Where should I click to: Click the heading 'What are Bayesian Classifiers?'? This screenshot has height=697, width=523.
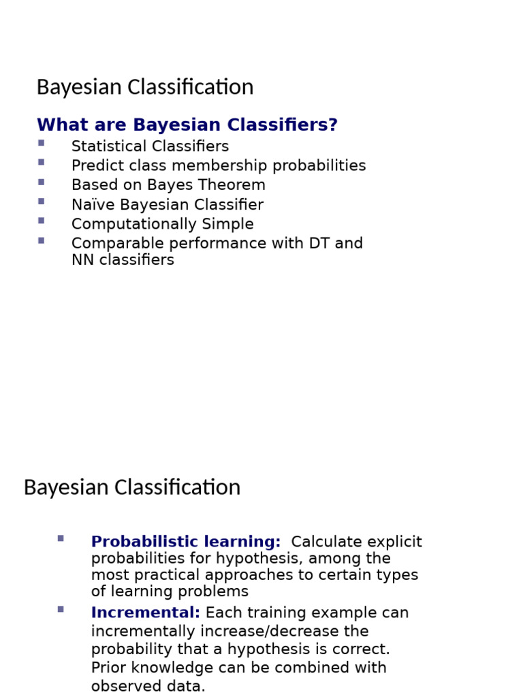pos(187,125)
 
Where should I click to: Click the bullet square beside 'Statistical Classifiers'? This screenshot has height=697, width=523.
pos(42,143)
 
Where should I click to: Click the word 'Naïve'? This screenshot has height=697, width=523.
pos(89,205)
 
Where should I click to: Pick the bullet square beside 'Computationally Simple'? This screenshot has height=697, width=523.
pos(42,221)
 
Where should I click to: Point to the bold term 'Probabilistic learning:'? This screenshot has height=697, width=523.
pos(186,542)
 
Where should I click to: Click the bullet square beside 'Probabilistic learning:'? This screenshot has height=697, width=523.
pos(61,538)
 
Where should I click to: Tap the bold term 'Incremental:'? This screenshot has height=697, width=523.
pos(146,613)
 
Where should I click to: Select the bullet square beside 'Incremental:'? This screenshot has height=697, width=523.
pos(61,609)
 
